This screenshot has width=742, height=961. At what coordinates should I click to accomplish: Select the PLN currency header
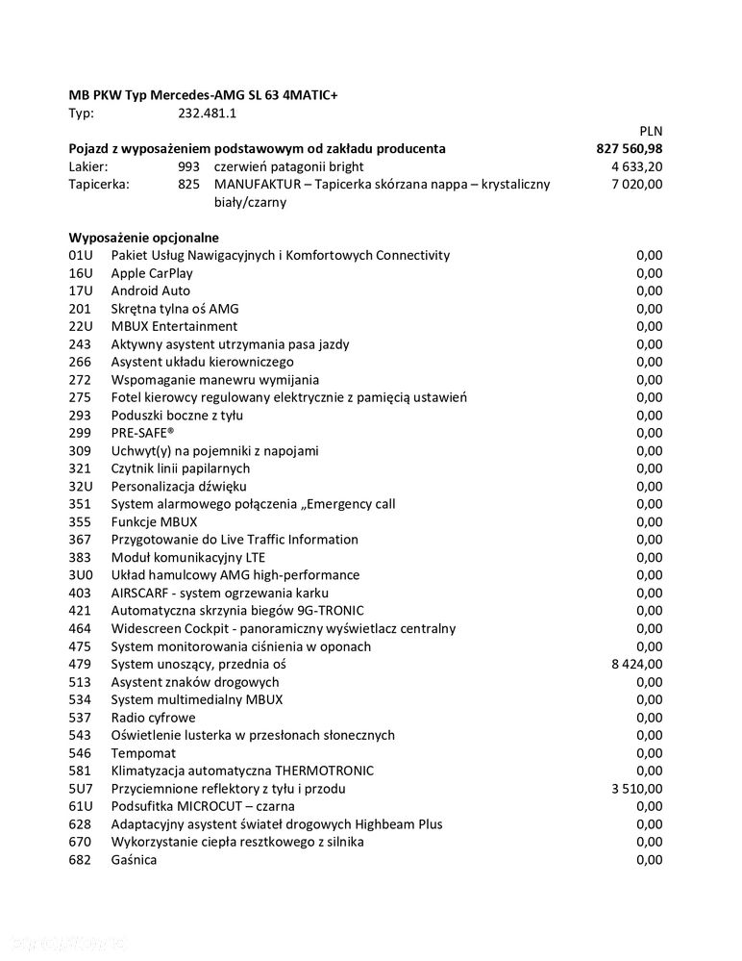coord(651,131)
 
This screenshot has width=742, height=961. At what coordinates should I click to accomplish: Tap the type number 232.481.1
coord(208,114)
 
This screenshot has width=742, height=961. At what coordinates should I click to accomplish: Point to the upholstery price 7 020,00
coord(637,185)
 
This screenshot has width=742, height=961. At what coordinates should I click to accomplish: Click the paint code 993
coord(188,166)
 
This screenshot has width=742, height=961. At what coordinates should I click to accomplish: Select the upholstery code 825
coord(188,185)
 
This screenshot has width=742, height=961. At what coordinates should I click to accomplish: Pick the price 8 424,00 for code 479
coord(637,664)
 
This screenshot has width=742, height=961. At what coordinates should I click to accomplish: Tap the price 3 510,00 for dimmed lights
coord(637,788)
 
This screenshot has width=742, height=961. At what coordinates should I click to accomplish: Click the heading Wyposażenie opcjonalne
coord(144,238)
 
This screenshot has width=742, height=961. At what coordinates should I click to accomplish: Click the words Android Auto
coord(151,291)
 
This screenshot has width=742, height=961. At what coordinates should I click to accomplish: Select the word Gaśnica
coord(134,859)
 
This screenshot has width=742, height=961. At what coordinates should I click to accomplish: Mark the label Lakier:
coord(88,166)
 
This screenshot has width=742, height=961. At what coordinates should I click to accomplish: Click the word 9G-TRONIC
coord(328,610)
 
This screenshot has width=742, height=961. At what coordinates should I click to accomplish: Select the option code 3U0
coord(80,575)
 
